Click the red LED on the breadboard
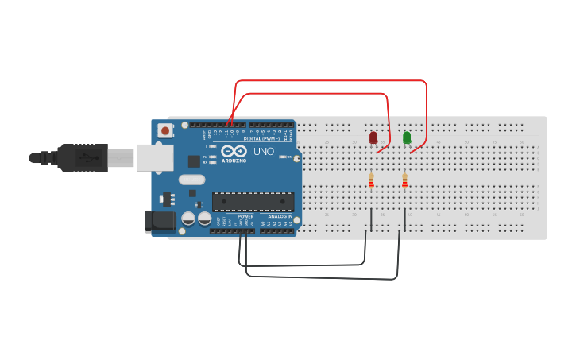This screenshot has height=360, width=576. coord(373,137)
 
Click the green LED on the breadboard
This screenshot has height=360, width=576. coord(407,137)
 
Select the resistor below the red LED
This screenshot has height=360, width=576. coord(371,182)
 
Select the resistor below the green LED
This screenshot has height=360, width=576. coord(404,182)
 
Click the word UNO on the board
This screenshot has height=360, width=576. coord(263,151)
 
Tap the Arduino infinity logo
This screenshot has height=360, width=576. coord(234,150)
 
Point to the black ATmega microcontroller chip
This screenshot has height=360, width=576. coord(253,202)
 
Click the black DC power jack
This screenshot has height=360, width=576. coord(159,221)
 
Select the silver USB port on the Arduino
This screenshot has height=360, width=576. coord(154,157)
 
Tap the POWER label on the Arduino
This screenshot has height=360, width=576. coord(245,216)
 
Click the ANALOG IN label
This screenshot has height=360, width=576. coord(279,216)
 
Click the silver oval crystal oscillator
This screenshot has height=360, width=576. coord(191,180)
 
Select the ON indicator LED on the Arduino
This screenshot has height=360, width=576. coord(283,157)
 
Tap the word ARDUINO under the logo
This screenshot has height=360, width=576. coord(234,160)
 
